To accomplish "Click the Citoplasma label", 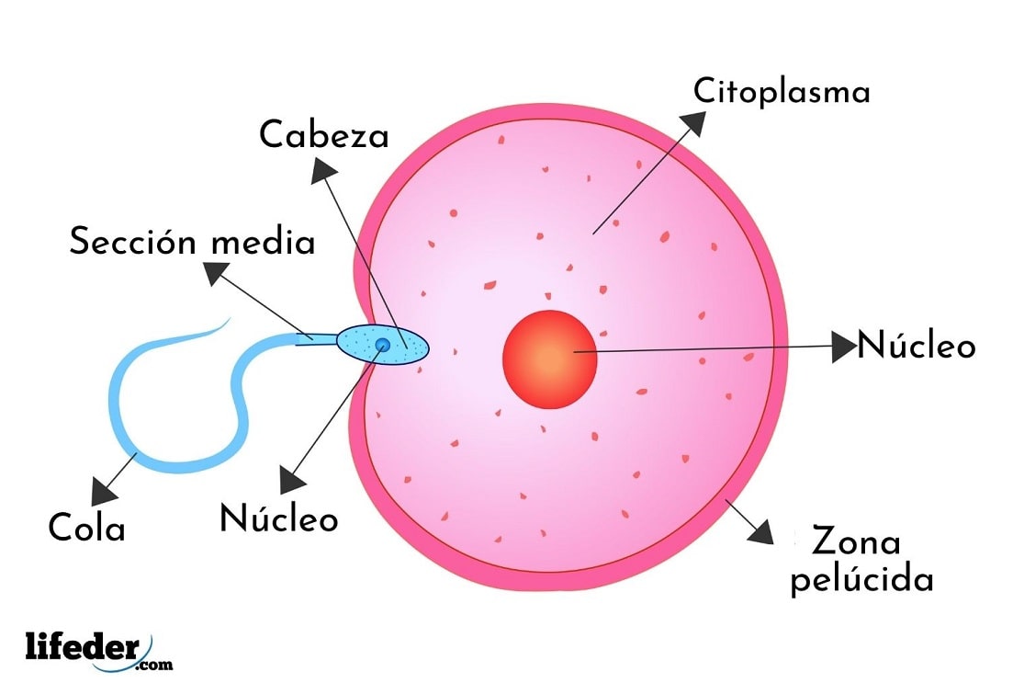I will coord(781,92).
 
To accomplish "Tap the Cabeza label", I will coord(323,136).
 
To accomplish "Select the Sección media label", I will coord(192,243).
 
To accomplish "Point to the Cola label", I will coord(86,529).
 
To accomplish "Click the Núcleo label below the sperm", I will coord(278,519).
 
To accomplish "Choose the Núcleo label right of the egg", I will coord(916,347).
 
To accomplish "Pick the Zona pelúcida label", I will coord(862,562).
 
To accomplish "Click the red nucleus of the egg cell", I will coord(549,359).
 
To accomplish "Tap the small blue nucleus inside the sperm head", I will coord(382,345).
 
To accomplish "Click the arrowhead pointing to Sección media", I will coord(218,274).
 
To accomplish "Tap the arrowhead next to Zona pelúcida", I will coord(760,532).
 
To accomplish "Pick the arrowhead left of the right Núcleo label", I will coord(843,347).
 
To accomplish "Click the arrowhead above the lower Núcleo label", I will coord(293,480).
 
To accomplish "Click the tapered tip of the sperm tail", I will coord(227,321).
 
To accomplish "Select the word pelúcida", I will coord(862,580).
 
